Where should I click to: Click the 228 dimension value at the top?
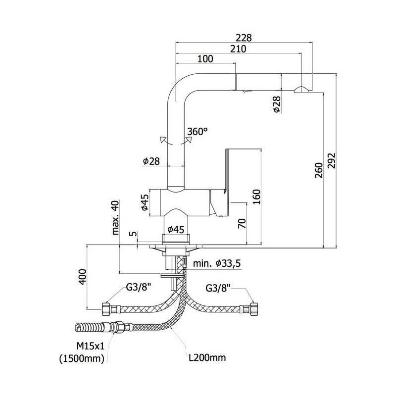pos(244,38)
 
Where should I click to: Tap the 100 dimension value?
pos(205,59)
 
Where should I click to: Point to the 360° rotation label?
pos(198,132)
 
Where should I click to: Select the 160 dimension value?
pos(256,198)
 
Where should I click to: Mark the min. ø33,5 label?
pos(217,264)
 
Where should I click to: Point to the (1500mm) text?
pos(82,359)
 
